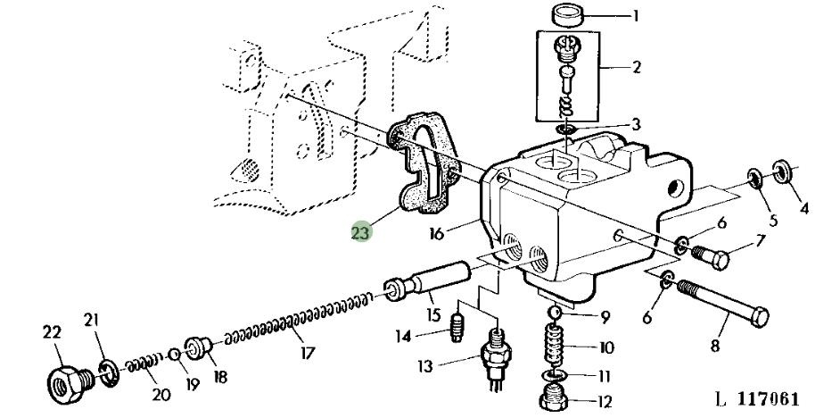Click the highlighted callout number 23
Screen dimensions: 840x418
tap(361, 233)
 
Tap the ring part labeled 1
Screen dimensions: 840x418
tap(568, 14)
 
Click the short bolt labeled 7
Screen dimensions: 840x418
tap(711, 256)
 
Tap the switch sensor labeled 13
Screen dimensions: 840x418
tap(496, 358)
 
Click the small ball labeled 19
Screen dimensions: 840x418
tap(174, 355)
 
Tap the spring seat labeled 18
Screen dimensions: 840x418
tap(199, 348)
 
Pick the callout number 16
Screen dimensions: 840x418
tap(437, 234)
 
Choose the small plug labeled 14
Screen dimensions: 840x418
tap(457, 327)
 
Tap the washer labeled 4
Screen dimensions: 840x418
tap(783, 172)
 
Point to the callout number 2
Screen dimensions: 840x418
tap(637, 67)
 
